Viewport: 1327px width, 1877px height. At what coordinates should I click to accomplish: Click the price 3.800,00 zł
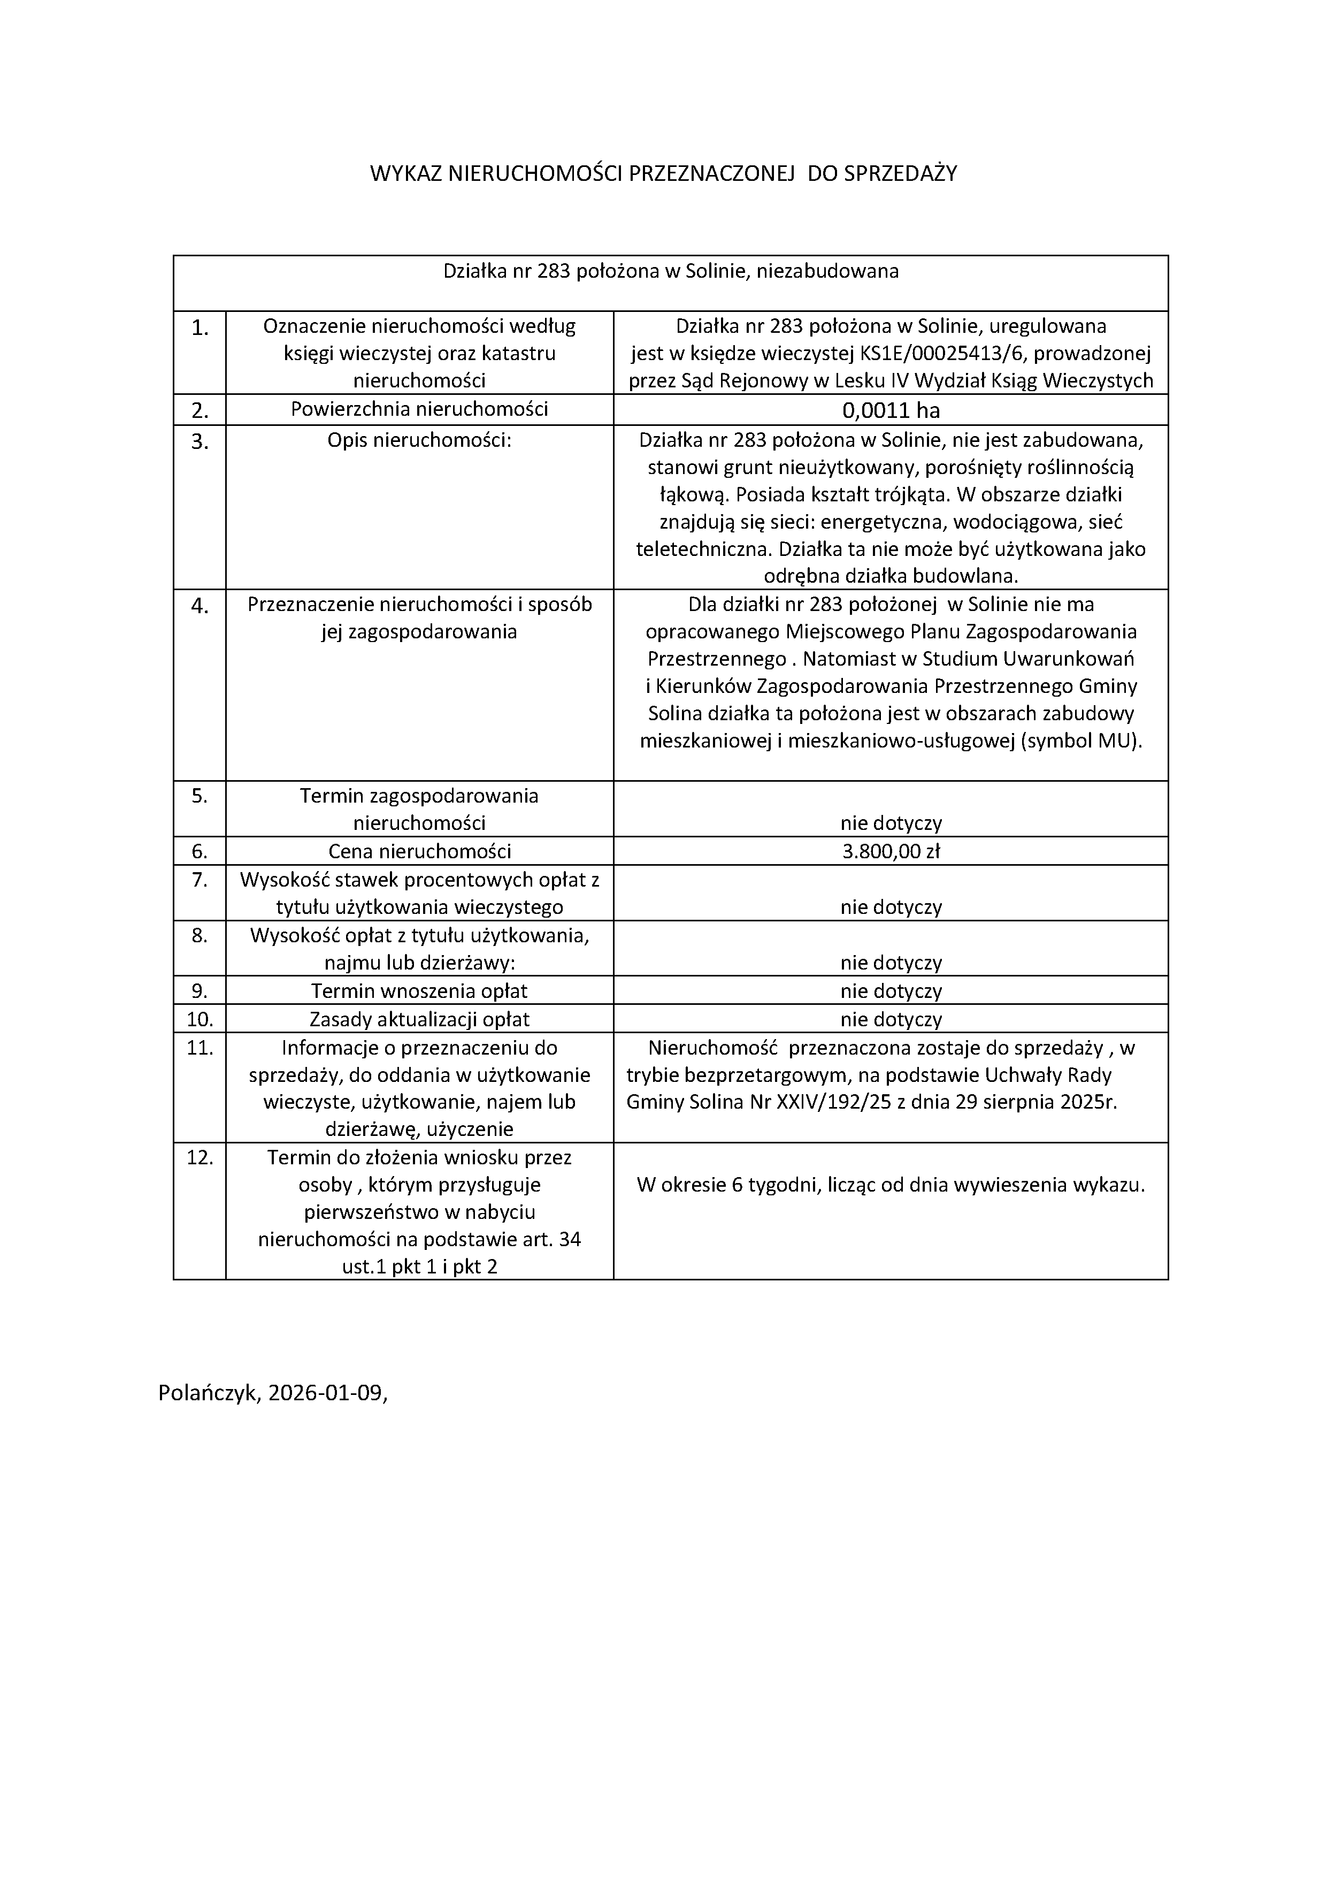click(891, 851)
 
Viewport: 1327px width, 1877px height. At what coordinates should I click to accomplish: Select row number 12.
click(200, 1157)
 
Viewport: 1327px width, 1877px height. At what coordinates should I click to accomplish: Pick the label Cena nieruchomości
click(419, 851)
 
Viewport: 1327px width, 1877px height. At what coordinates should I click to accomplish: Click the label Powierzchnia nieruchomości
click(419, 409)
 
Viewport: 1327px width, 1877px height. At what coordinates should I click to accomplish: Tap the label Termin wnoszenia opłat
click(419, 991)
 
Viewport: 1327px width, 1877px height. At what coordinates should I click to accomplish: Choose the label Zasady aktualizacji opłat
click(419, 1019)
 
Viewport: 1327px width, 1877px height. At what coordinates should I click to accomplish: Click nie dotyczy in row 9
click(891, 991)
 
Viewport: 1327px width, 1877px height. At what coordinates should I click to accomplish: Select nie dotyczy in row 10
click(891, 1019)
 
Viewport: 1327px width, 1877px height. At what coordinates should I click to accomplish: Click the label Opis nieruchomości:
click(419, 441)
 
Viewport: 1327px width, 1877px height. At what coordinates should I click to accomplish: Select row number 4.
click(200, 606)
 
